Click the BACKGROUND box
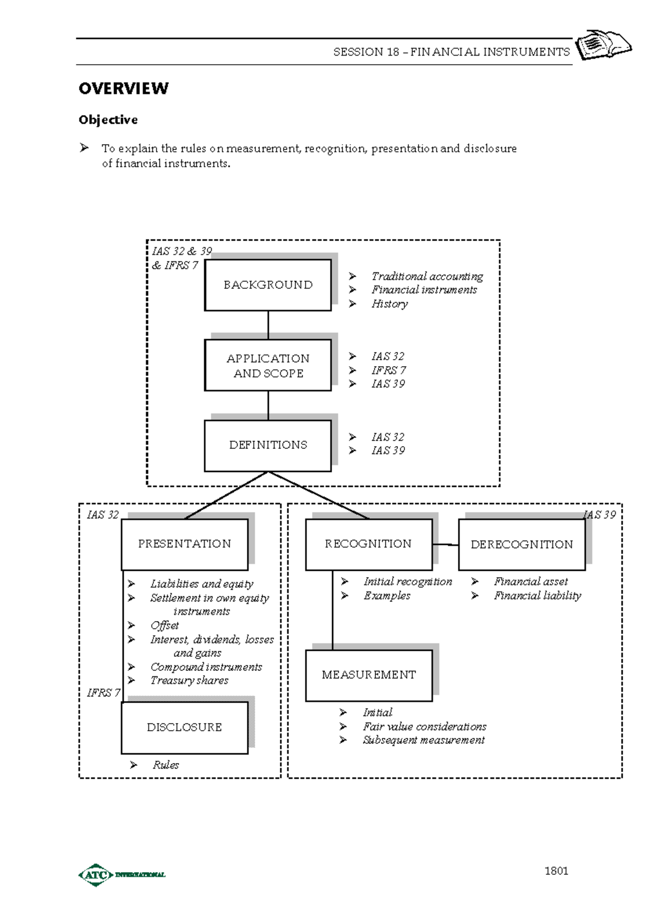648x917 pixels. click(268, 285)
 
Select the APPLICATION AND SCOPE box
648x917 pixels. click(268, 365)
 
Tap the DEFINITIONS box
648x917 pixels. click(268, 446)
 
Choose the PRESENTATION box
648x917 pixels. click(185, 544)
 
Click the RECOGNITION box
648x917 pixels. click(368, 544)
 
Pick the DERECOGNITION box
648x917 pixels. click(522, 544)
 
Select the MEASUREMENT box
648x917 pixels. click(369, 675)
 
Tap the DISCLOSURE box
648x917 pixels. click(185, 727)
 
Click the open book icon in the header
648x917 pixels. click(603, 45)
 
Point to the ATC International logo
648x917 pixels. click(122, 874)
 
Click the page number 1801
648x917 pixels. click(556, 871)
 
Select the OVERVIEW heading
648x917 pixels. click(124, 89)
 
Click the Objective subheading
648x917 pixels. click(108, 120)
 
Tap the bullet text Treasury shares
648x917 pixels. click(189, 680)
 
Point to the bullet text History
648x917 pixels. click(389, 304)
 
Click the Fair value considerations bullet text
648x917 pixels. click(424, 726)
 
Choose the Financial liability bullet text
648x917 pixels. click(537, 596)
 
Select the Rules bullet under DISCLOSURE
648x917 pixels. click(165, 765)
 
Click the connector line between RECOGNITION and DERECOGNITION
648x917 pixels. click(446, 545)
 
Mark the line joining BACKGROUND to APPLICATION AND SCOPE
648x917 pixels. click(268, 325)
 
